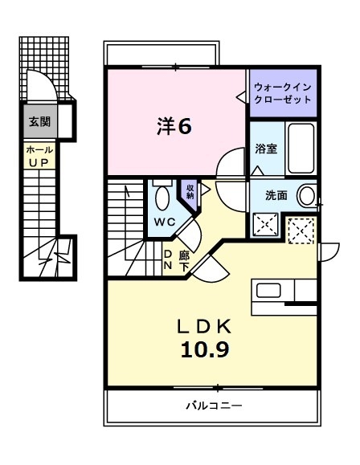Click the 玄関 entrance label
click(x=39, y=122)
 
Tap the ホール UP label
click(x=39, y=156)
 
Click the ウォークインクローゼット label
click(x=283, y=92)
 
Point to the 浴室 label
click(x=266, y=149)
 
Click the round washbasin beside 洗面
click(x=307, y=194)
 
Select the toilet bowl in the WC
click(x=161, y=196)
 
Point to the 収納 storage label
click(x=190, y=191)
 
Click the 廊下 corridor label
click(x=184, y=259)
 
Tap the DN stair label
click(x=168, y=259)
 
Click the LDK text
click(x=204, y=325)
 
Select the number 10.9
click(x=206, y=350)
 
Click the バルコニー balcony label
click(x=212, y=405)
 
